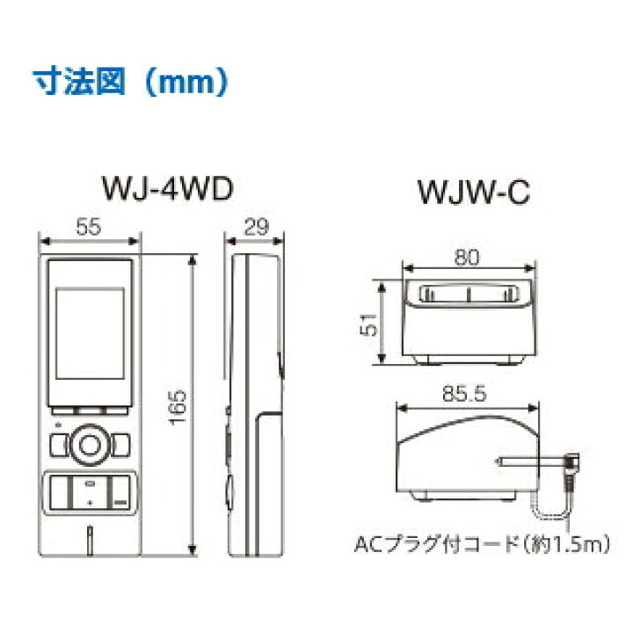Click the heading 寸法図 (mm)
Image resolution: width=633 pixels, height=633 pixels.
coord(123,84)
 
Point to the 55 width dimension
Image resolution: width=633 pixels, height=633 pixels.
coord(88,226)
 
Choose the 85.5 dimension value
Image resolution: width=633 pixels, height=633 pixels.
coord(463,396)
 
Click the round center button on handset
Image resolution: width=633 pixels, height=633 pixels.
coord(89,445)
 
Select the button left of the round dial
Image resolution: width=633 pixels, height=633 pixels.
coord(60,445)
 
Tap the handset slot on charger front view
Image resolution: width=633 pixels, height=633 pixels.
coord(468,295)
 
